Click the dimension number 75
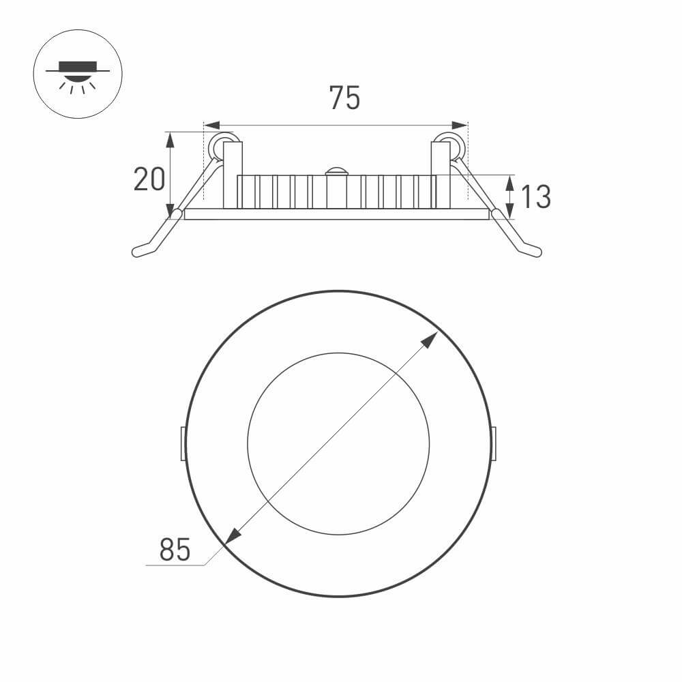344,98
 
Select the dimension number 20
149,179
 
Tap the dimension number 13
535,197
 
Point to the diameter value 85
175,550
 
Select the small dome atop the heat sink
336,171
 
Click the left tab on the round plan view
183,443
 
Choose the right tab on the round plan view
493,443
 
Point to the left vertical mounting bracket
233,175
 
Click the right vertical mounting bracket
441,175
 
